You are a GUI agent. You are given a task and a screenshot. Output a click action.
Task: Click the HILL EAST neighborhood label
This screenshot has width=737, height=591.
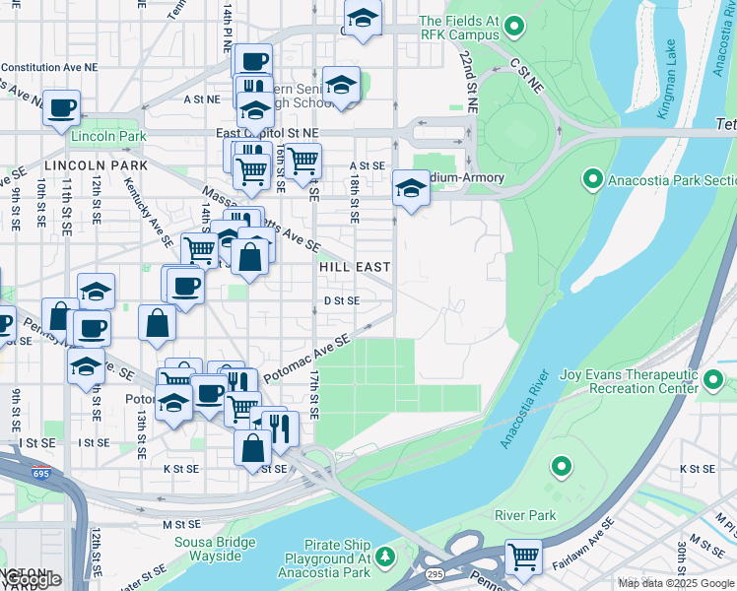click(355, 267)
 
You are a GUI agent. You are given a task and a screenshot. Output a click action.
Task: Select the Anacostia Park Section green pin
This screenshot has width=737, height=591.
click(592, 180)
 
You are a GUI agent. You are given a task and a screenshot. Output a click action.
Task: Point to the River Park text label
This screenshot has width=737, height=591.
click(525, 515)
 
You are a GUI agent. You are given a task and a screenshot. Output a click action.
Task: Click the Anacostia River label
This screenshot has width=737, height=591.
click(524, 410)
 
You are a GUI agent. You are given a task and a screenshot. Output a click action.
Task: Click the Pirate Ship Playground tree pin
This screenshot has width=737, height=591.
click(386, 557)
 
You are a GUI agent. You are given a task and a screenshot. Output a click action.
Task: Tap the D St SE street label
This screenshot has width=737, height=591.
click(342, 300)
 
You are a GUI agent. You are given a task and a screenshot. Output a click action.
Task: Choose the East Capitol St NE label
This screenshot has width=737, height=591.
click(268, 132)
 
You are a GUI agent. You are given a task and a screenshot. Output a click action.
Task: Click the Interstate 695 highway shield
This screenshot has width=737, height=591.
click(40, 472)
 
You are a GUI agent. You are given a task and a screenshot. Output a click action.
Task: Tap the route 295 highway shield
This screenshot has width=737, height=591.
click(435, 573)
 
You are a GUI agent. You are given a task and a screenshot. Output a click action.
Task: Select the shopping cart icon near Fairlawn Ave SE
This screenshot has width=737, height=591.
click(523, 557)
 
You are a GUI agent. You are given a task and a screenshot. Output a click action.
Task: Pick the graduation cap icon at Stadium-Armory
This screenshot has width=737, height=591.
click(410, 187)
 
